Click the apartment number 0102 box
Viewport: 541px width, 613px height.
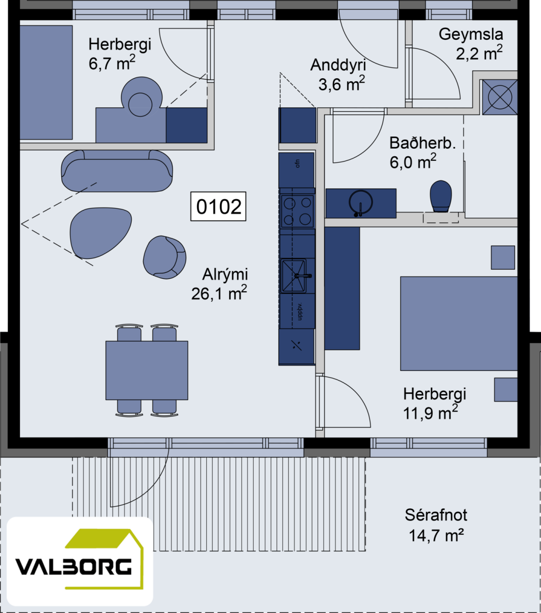[x=218, y=206]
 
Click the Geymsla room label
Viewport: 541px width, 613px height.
[x=471, y=34]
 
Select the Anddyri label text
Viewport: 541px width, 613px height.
[x=338, y=65]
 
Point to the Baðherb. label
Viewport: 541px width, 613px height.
[x=423, y=143]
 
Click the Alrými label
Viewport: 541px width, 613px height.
[x=225, y=275]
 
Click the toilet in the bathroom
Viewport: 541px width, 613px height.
[x=440, y=196]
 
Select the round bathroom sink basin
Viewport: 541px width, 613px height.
[x=360, y=202]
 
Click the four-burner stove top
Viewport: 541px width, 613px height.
[x=297, y=211]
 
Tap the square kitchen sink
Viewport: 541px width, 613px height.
[x=293, y=276]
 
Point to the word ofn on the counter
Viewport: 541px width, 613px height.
[x=298, y=163]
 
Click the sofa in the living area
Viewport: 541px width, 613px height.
[x=117, y=171]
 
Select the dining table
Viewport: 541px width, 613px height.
[x=146, y=370]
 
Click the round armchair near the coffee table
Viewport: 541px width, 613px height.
[x=164, y=257]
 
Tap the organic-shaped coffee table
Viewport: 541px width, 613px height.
[x=101, y=233]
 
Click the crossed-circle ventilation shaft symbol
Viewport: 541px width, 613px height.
[x=500, y=97]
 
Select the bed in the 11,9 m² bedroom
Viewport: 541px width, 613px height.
[x=459, y=323]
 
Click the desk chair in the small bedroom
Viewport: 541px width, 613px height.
[x=141, y=97]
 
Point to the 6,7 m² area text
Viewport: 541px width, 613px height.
[x=112, y=63]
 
